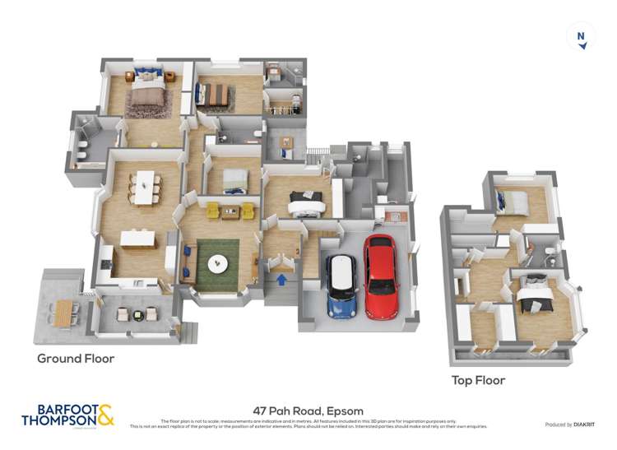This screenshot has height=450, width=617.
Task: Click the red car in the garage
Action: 381,276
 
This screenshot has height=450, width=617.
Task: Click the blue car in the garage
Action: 341,285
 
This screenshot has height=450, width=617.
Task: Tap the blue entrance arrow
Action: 282,280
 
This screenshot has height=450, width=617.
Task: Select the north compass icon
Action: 581,37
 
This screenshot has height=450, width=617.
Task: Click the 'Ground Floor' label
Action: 76,359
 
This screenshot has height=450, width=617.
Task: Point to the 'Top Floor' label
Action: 478,380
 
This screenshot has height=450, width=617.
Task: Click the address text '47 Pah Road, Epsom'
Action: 308,411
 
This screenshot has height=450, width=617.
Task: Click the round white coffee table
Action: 218,264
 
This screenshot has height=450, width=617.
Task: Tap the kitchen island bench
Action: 138,239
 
